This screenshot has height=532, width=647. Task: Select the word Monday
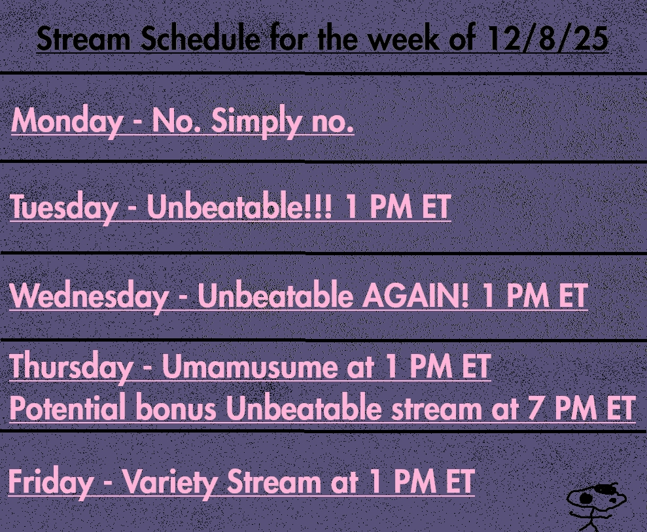(x=67, y=121)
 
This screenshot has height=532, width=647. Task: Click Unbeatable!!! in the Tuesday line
(x=239, y=206)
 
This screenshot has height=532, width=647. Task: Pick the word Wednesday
(x=89, y=296)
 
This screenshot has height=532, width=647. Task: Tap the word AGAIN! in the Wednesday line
(x=415, y=296)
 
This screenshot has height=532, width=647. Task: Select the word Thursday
(x=71, y=366)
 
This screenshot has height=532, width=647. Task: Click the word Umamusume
(x=250, y=366)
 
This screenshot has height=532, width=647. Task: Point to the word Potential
(x=67, y=407)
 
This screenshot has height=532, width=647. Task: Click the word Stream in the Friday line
(x=274, y=481)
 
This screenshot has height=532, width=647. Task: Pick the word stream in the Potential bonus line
(x=436, y=408)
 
